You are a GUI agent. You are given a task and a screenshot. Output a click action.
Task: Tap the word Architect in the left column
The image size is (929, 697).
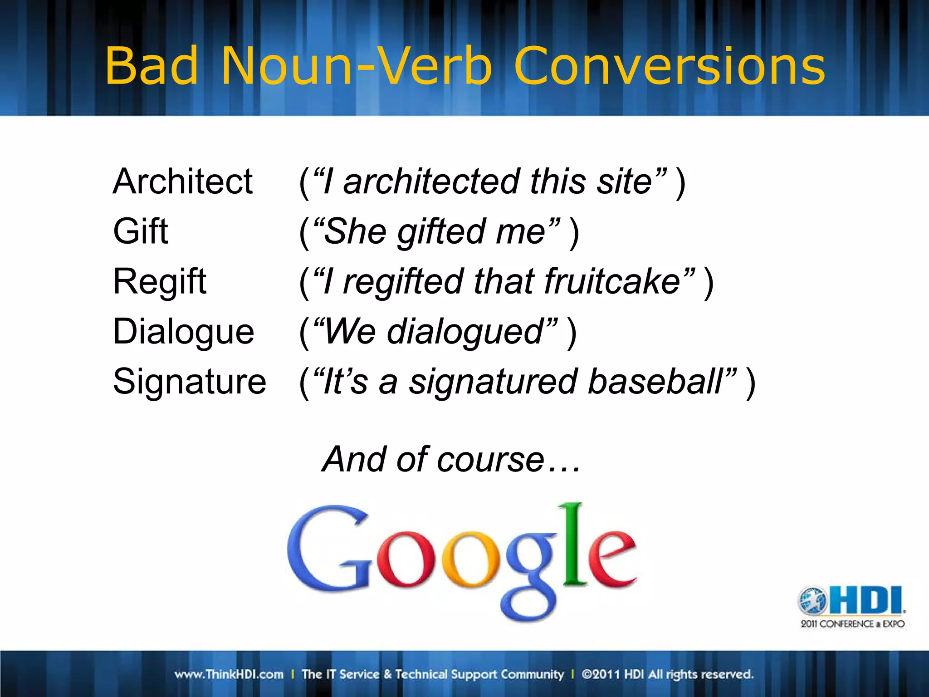coord(182,182)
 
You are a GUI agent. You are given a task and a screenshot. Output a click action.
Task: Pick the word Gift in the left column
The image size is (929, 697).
coord(141,231)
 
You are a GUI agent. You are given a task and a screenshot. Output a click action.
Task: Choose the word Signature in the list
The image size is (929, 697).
coord(190,382)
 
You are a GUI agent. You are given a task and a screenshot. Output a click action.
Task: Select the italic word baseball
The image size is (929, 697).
coord(655,382)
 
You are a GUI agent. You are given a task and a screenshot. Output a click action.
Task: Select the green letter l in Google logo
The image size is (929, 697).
coord(574,542)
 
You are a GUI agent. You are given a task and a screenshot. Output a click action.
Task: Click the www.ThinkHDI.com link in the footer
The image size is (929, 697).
coord(229,674)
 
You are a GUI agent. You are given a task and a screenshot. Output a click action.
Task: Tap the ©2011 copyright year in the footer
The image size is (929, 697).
coord(601,674)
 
